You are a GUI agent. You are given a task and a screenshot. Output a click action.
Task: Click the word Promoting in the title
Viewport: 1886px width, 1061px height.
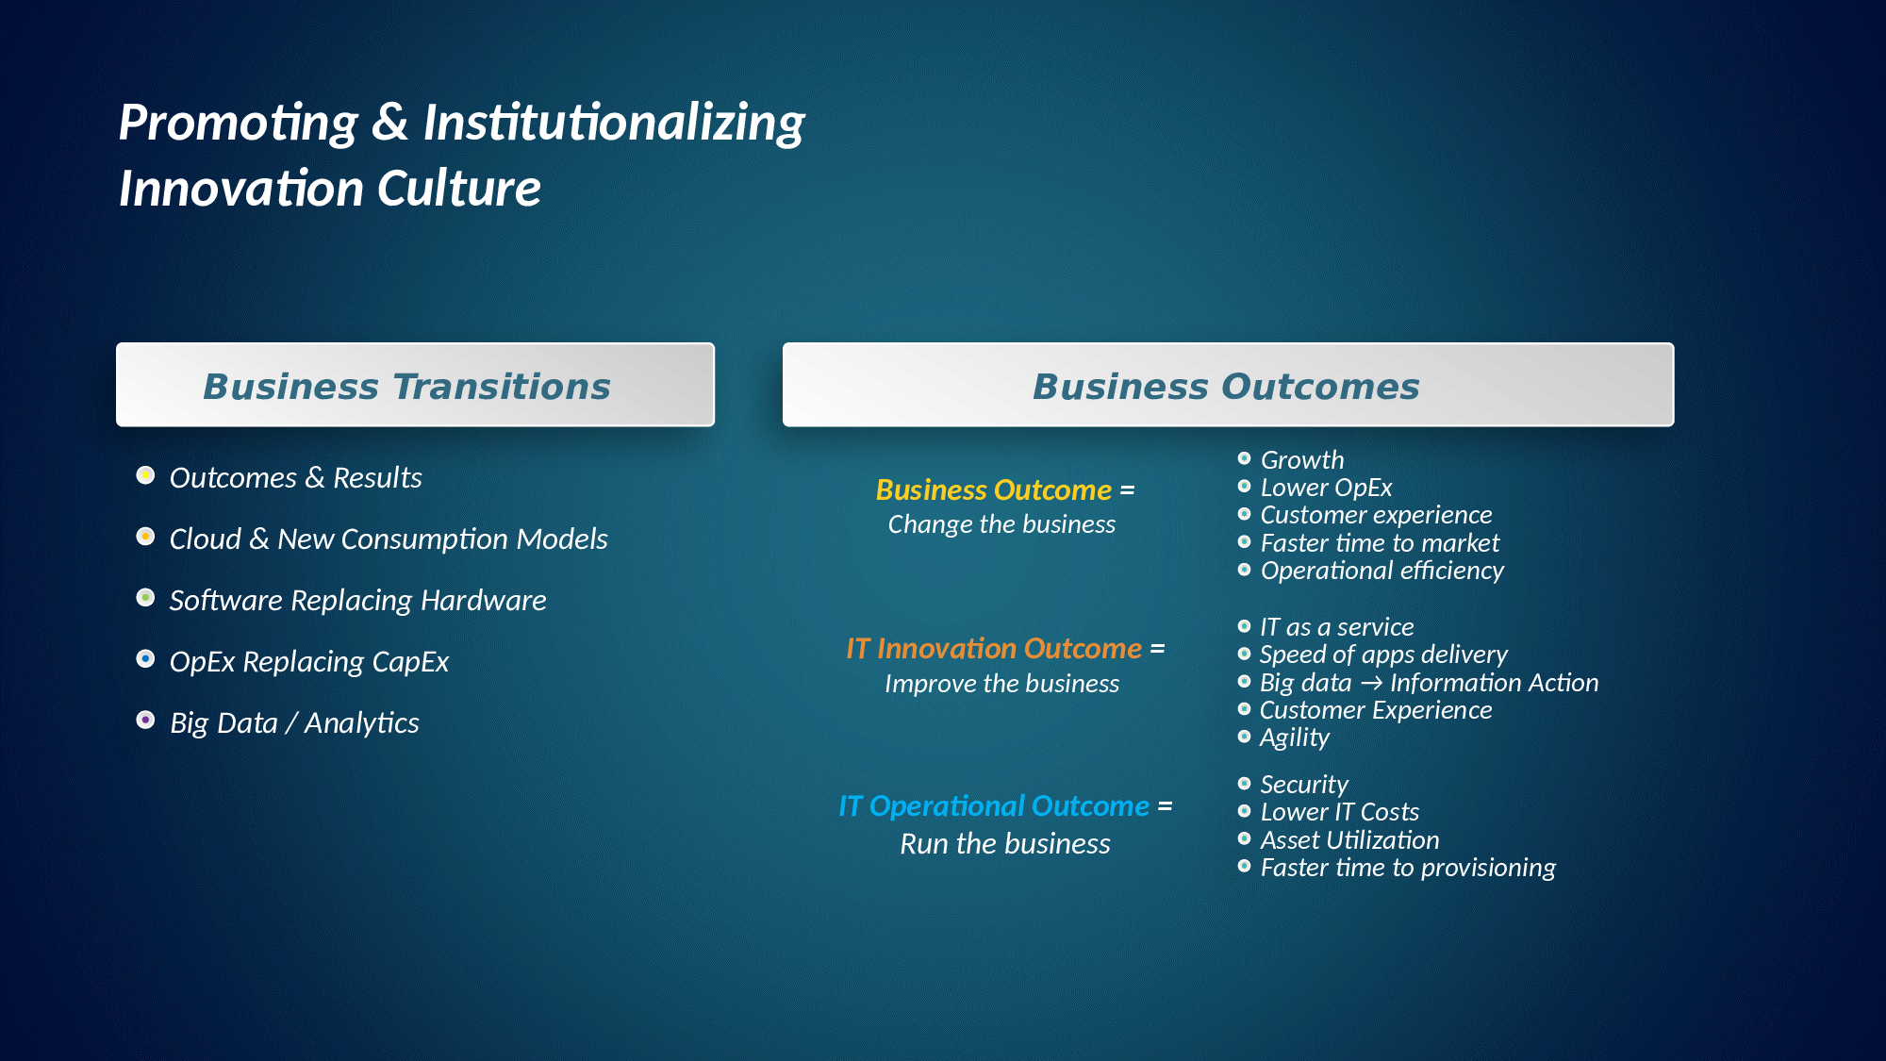[239, 124]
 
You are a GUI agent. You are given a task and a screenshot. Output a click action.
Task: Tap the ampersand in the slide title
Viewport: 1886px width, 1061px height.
[390, 123]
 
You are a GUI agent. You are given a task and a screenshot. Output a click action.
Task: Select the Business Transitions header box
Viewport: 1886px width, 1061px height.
[415, 385]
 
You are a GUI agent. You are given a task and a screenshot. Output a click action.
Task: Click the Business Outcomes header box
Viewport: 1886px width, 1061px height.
[1228, 385]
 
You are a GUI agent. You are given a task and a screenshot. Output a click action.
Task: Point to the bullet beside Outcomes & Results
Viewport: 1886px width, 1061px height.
[145, 474]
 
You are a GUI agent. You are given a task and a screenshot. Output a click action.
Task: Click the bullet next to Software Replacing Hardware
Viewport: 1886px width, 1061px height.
[145, 597]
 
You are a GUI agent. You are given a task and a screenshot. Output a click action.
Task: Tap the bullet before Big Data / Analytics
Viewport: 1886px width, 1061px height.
[145, 720]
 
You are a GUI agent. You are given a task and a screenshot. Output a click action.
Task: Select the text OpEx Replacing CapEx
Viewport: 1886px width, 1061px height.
[309, 662]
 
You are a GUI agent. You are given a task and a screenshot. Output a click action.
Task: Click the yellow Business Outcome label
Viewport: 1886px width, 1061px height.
[993, 490]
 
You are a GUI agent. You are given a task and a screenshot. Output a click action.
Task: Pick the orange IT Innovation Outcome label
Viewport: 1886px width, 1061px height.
[994, 649]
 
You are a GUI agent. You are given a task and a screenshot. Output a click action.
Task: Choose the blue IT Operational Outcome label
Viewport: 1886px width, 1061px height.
[994, 806]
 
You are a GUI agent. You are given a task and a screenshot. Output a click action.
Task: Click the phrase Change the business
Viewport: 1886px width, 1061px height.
[1001, 524]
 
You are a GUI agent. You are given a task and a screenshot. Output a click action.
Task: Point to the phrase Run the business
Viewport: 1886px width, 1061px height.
[1005, 843]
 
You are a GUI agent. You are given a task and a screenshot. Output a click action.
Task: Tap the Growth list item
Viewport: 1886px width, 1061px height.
[1302, 460]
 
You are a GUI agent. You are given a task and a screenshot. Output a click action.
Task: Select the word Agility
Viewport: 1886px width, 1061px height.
[1295, 738]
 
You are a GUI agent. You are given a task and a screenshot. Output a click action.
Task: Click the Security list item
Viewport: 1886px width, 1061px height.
[1304, 785]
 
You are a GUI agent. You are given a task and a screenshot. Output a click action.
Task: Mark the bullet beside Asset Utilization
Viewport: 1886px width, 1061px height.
[1244, 838]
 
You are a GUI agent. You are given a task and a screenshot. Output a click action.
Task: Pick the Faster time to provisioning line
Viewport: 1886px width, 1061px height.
[1408, 868]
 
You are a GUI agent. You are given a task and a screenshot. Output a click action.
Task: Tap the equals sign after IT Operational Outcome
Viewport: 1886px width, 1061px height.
[1165, 806]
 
